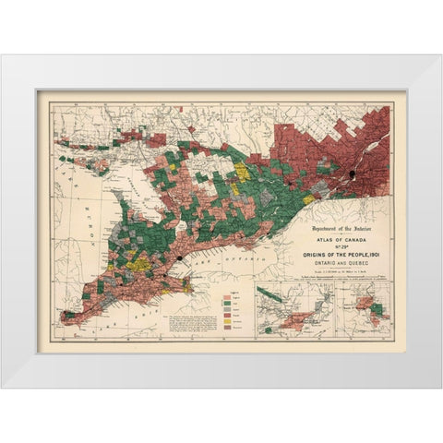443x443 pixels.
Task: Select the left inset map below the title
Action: pos(294,309)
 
